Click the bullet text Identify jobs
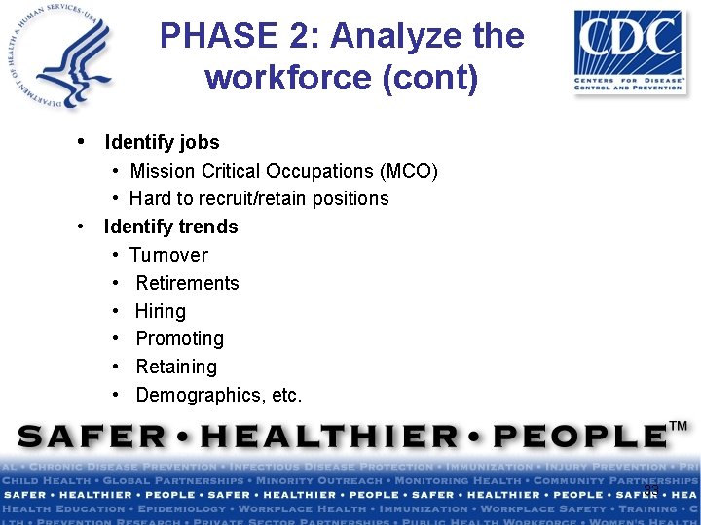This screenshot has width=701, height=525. [162, 142]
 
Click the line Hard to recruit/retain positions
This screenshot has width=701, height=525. [259, 198]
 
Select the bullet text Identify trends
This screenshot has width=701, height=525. [170, 227]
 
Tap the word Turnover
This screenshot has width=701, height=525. [168, 255]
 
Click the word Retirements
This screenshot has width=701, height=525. [187, 283]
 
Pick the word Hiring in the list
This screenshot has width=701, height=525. [161, 311]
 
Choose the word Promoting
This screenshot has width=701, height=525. [179, 338]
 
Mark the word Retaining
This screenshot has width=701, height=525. [176, 367]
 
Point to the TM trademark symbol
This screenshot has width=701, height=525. [679, 426]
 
